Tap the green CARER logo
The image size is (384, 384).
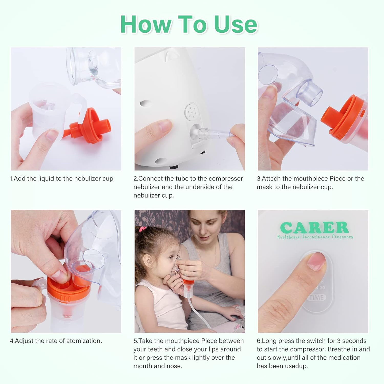point(314,228)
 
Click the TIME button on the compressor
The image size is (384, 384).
point(316,297)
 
